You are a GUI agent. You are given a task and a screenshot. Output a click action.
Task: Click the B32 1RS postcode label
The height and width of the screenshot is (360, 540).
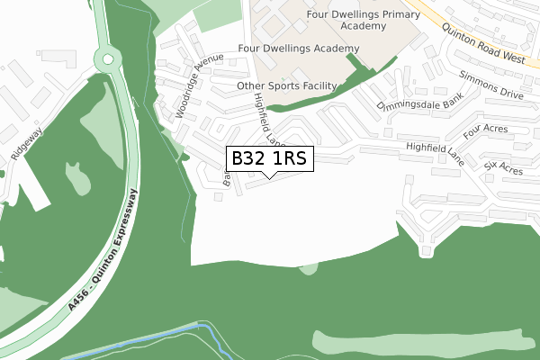[269, 158]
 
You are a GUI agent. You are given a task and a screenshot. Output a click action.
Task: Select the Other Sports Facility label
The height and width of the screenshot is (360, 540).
[286, 86]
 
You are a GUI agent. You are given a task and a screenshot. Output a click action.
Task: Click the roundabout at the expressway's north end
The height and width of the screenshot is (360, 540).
[109, 60]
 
